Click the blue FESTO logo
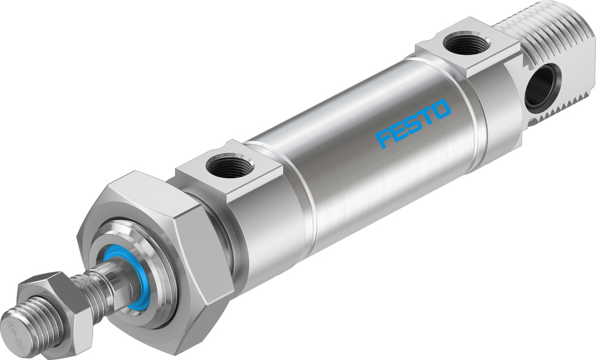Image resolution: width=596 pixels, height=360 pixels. tap(414, 123)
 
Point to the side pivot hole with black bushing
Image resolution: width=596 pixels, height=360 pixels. tap(542, 85)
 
